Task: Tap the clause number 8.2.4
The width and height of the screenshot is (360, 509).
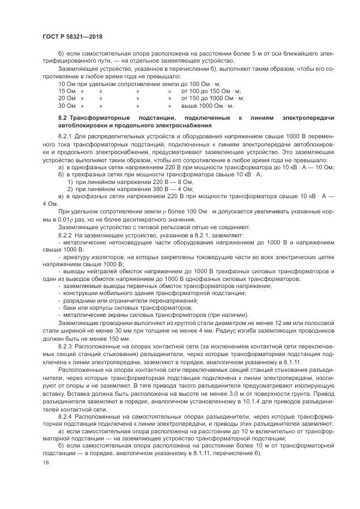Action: point(65,416)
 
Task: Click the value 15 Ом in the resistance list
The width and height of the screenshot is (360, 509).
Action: point(66,91)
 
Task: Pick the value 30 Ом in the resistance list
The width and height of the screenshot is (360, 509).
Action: point(66,106)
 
